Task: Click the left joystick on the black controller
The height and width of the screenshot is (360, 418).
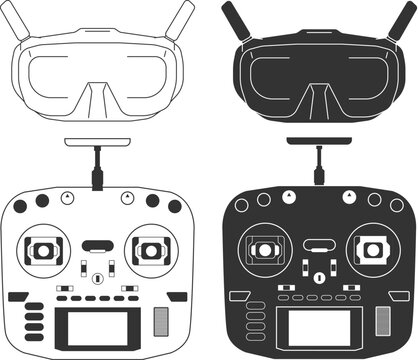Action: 264,246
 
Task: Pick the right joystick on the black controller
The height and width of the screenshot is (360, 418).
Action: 371,246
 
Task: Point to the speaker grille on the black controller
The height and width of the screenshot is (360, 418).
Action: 381,320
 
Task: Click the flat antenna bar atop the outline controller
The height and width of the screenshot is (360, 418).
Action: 96,144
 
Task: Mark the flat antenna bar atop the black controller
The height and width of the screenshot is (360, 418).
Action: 317,144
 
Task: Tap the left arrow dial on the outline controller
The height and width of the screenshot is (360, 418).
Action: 66,196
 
